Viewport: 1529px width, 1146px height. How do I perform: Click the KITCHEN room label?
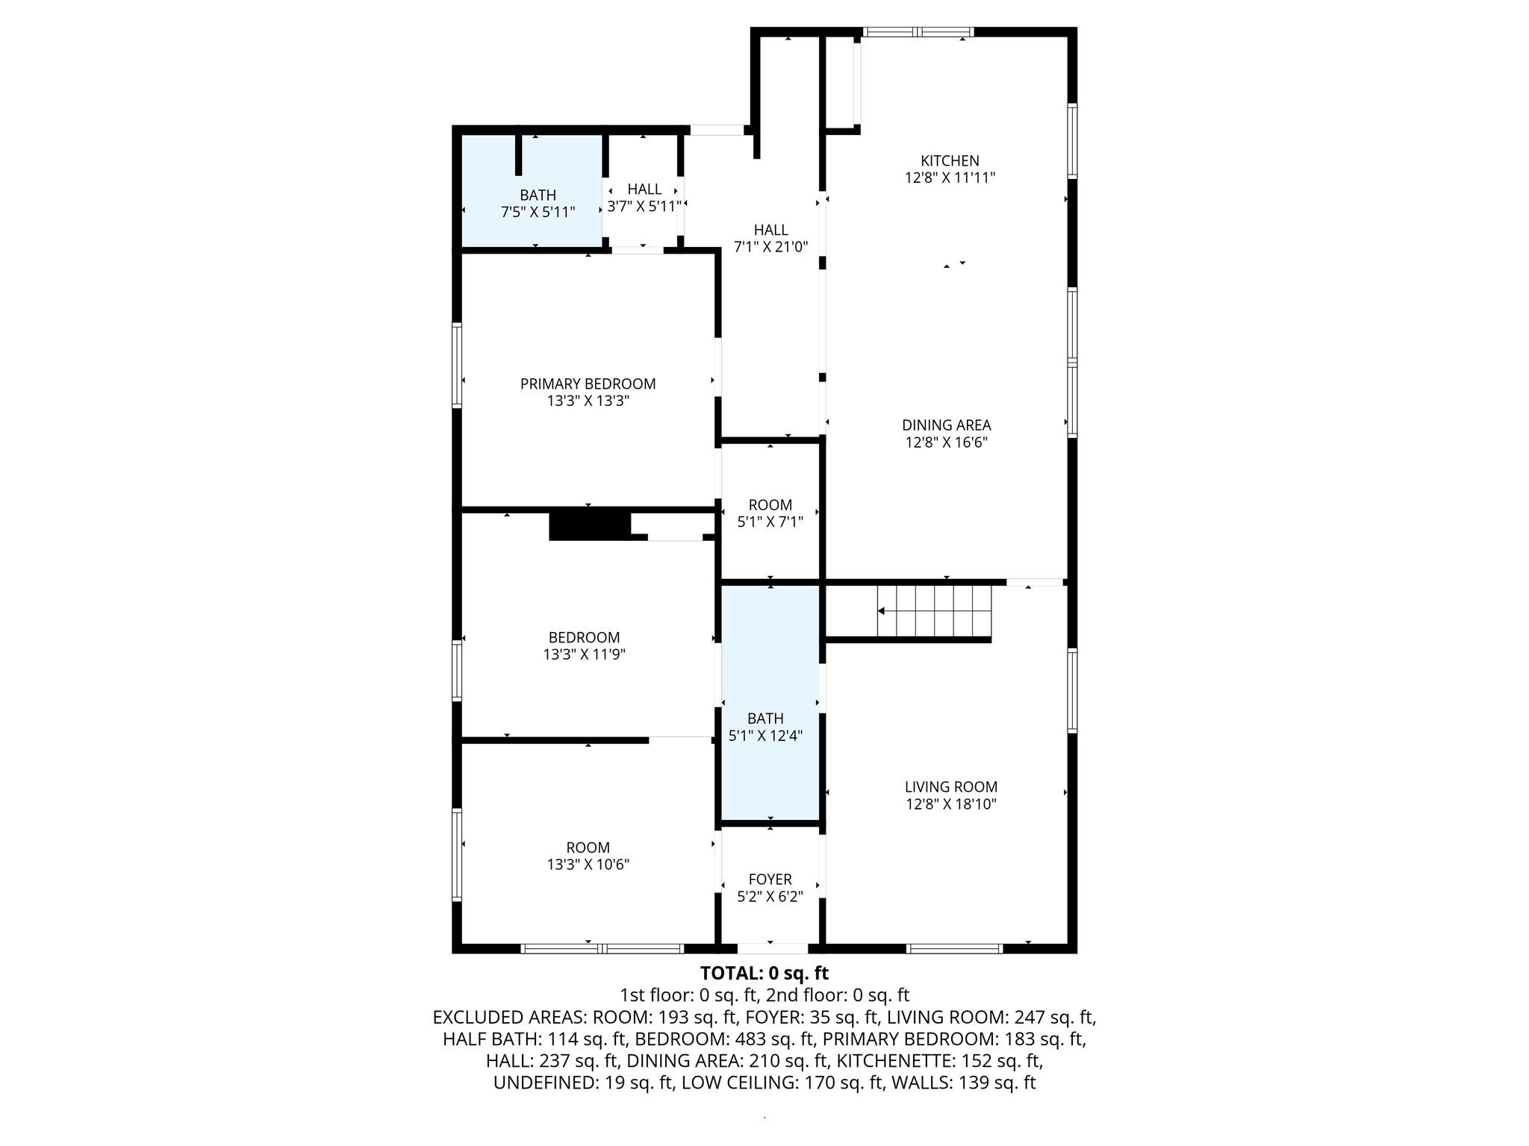pos(950,160)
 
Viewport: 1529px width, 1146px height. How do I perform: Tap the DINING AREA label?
pos(947,425)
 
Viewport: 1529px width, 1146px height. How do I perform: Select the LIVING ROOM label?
pos(951,786)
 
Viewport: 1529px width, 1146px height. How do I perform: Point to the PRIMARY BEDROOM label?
pos(588,383)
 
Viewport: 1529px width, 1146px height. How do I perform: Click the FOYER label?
pos(770,880)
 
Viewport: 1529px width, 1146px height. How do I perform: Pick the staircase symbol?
pos(934,611)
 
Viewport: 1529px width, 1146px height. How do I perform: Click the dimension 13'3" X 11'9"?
pos(585,654)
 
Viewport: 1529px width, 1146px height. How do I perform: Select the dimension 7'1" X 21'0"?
pos(771,247)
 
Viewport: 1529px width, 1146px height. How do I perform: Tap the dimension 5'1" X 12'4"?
pos(766,736)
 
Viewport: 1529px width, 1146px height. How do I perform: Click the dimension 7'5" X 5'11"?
pos(538,212)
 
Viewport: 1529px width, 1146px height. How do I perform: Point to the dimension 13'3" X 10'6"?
pos(588,865)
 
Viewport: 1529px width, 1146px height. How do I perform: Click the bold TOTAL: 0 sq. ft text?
pos(764,973)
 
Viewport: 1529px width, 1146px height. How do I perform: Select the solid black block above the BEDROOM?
pos(590,525)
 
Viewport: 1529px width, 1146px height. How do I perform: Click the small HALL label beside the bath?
pos(644,189)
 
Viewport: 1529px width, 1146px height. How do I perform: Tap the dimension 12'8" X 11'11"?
pos(950,178)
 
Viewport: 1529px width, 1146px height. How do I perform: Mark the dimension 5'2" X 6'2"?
pos(770,897)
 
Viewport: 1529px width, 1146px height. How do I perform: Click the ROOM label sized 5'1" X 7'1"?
pos(770,505)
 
